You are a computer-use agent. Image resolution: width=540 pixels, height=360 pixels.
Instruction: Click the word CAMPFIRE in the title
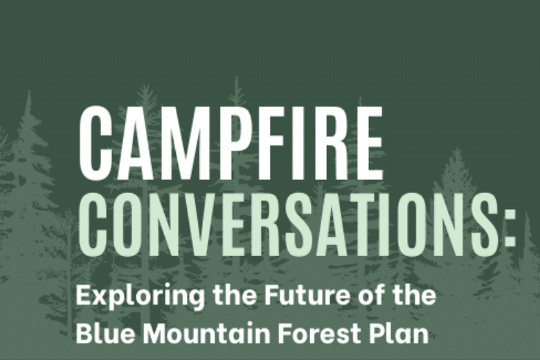(x=231, y=143)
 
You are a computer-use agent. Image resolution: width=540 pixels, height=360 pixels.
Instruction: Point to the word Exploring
(x=140, y=296)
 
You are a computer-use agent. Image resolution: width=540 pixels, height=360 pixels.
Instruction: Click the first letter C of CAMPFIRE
(x=96, y=143)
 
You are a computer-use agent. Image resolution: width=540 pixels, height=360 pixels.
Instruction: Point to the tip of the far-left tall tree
(x=29, y=91)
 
